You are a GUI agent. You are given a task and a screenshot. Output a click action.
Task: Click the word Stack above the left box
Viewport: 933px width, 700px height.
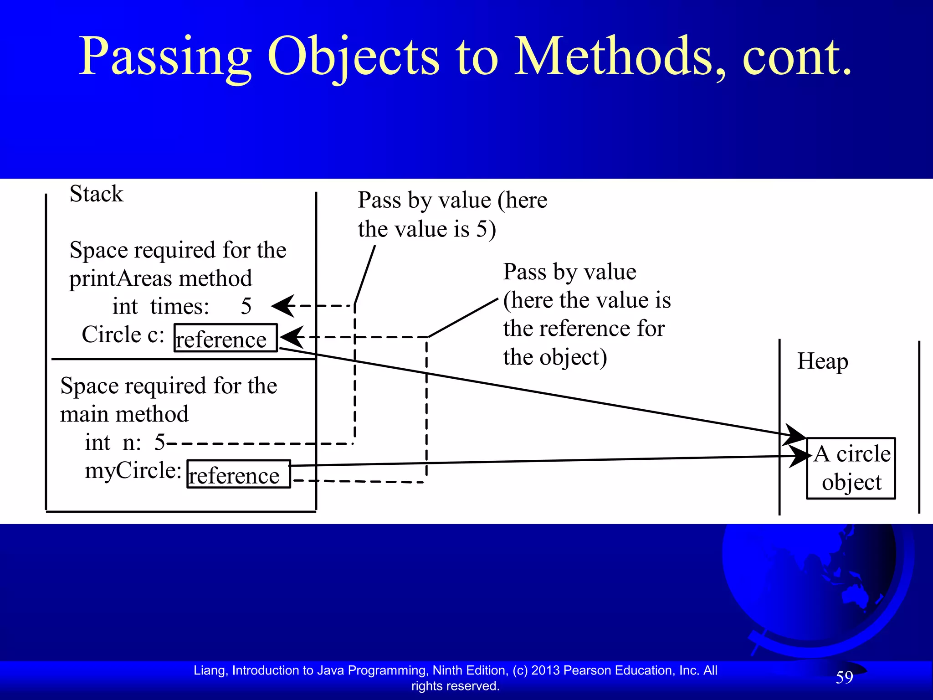pos(96,194)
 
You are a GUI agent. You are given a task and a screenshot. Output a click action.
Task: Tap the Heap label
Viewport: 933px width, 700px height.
pos(822,362)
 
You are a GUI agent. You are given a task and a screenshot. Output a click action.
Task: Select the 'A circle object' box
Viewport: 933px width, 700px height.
pos(851,468)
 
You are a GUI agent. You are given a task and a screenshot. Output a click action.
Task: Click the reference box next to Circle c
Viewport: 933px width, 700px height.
pos(226,338)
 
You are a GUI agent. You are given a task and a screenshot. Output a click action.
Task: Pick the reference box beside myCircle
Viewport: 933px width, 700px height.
pos(239,474)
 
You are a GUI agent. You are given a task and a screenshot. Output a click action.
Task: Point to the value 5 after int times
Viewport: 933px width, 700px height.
pos(246,306)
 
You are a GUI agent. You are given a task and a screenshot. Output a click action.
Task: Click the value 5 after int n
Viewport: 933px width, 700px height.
pos(159,442)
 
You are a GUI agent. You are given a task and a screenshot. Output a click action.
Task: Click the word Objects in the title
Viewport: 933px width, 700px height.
pos(354,57)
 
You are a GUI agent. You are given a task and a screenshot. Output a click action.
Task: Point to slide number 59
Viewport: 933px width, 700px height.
pos(844,677)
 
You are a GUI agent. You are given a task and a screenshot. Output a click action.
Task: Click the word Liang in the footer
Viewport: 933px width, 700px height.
pos(210,670)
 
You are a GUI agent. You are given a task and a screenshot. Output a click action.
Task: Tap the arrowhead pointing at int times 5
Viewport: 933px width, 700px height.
pos(284,306)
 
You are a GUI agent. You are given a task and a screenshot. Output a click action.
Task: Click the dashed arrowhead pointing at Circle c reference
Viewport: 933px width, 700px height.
pos(292,337)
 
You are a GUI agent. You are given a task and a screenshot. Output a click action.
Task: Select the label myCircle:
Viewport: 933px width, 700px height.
pos(133,471)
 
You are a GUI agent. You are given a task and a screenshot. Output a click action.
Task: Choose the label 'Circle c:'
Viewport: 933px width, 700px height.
pos(123,335)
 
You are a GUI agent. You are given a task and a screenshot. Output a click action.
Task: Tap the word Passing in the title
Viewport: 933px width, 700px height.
pos(165,57)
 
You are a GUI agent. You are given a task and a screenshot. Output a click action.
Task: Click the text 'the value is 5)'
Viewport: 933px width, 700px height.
pos(427,229)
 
